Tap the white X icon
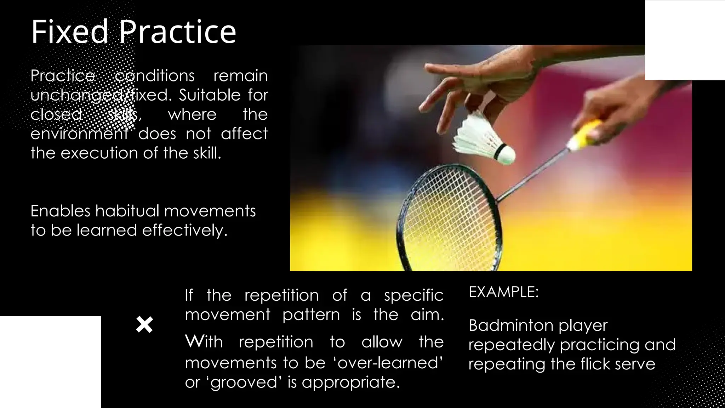pos(144,325)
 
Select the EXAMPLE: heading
pos(503,292)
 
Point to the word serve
pos(635,364)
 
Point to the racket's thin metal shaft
pos(531,175)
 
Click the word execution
pos(100,153)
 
